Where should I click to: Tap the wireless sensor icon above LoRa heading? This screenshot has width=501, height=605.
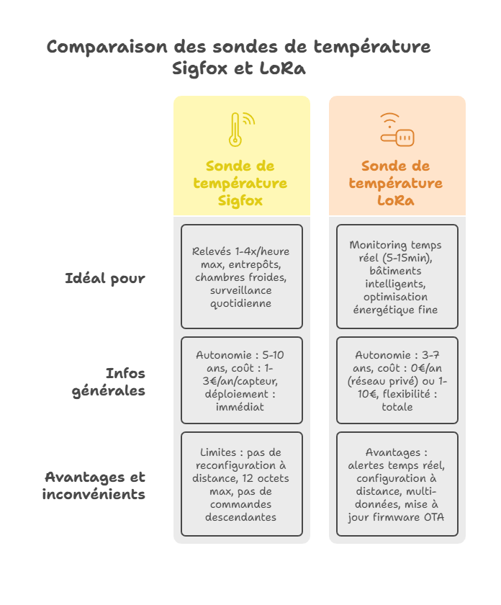[x=397, y=130]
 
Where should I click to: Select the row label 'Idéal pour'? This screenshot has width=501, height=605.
[x=105, y=278]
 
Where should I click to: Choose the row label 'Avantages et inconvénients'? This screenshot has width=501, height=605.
[x=94, y=485]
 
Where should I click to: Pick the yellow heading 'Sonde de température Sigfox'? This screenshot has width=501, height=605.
[x=240, y=183]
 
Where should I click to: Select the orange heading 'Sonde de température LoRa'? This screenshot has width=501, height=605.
[x=396, y=183]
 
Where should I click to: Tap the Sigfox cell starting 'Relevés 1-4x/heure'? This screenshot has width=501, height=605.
[x=241, y=277]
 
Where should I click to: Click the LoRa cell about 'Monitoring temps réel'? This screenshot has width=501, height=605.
[x=397, y=277]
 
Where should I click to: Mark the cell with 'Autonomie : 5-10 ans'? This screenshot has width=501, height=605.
[x=241, y=380]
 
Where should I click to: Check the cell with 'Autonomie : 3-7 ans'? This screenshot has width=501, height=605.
[x=397, y=380]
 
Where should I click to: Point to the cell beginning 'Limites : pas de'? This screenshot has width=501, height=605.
[x=241, y=484]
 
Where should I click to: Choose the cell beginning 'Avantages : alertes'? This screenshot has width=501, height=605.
[x=397, y=484]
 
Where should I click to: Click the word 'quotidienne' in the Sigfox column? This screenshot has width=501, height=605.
[x=241, y=303]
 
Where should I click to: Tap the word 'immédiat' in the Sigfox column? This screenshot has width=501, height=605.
[x=241, y=407]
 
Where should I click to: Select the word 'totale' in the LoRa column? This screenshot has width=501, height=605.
[x=397, y=407]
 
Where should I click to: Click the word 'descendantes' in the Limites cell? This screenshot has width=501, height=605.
[x=241, y=517]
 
